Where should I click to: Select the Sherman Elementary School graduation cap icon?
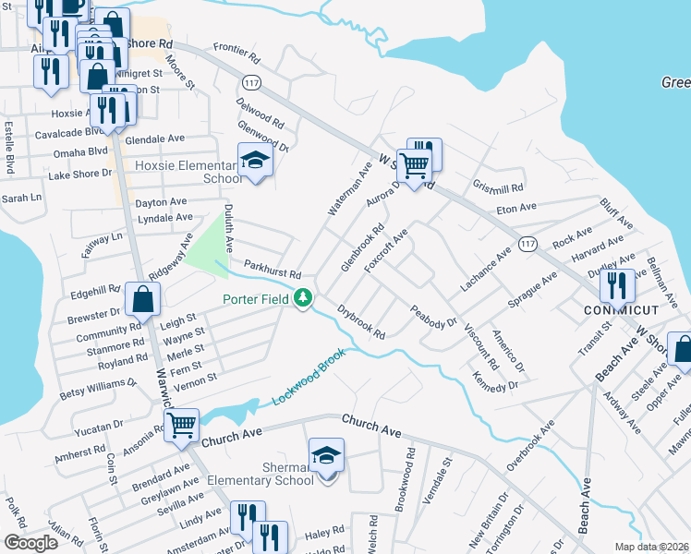(326, 456)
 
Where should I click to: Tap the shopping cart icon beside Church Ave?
(182, 426)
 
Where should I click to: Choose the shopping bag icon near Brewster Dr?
(142, 299)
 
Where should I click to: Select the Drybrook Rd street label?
(360, 321)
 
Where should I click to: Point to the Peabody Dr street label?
(433, 317)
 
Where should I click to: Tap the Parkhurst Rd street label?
(272, 270)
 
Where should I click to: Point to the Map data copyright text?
(651, 547)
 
